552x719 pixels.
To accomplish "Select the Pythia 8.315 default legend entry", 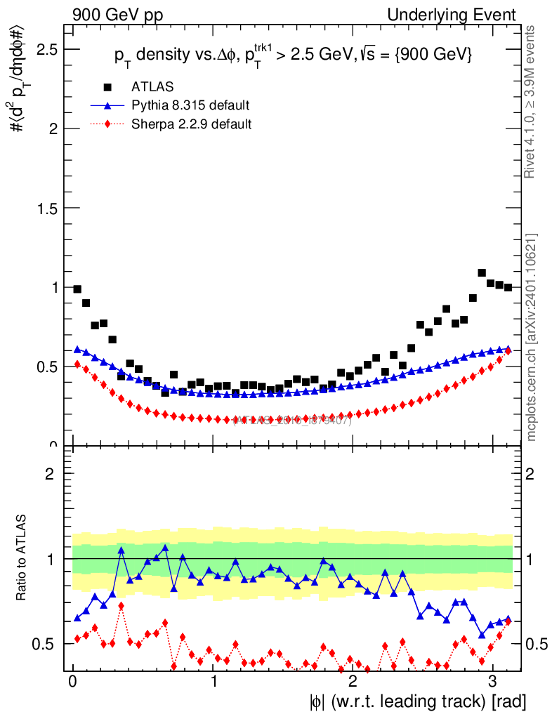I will click(x=190, y=105).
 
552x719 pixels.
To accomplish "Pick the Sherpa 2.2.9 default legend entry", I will click(x=192, y=124).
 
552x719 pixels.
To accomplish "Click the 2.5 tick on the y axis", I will click(x=47, y=49).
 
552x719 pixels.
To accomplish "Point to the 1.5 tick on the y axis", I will click(x=47, y=209).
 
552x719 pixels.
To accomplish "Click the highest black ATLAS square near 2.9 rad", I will click(x=482, y=272).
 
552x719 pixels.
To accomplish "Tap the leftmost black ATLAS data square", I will click(x=77, y=289).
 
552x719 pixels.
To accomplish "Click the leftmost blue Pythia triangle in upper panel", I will click(x=77, y=349).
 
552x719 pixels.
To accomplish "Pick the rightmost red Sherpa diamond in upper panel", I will click(x=508, y=350).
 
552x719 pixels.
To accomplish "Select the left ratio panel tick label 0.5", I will click(x=49, y=644).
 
